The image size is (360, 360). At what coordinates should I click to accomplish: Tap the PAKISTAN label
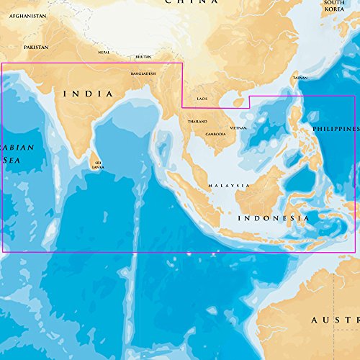[36, 47]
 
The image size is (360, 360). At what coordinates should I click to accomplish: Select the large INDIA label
[89, 94]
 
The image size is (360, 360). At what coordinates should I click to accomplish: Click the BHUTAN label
[144, 56]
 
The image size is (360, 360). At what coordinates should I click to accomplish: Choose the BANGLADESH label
[143, 73]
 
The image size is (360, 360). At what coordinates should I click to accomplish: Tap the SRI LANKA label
[98, 165]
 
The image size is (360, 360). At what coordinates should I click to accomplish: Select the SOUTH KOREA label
[333, 7]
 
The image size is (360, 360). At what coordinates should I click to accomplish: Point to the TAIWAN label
[300, 77]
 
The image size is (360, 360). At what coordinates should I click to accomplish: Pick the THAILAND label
[197, 122]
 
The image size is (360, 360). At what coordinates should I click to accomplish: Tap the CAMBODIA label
[215, 135]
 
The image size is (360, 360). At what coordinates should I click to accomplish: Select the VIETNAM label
[238, 128]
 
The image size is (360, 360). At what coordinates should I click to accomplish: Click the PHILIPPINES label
[336, 128]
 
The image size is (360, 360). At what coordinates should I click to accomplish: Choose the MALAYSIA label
[229, 186]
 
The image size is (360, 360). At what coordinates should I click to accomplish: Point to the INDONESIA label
[274, 218]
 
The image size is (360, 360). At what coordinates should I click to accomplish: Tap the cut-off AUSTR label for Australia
[334, 318]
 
